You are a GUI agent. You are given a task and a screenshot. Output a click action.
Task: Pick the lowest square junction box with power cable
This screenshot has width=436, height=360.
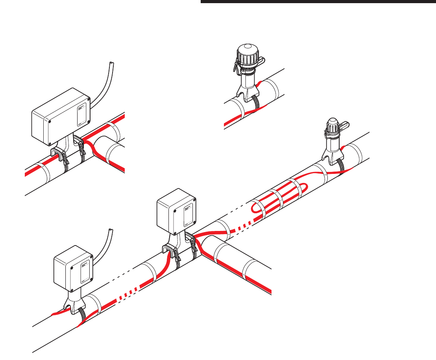[x=73, y=270]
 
